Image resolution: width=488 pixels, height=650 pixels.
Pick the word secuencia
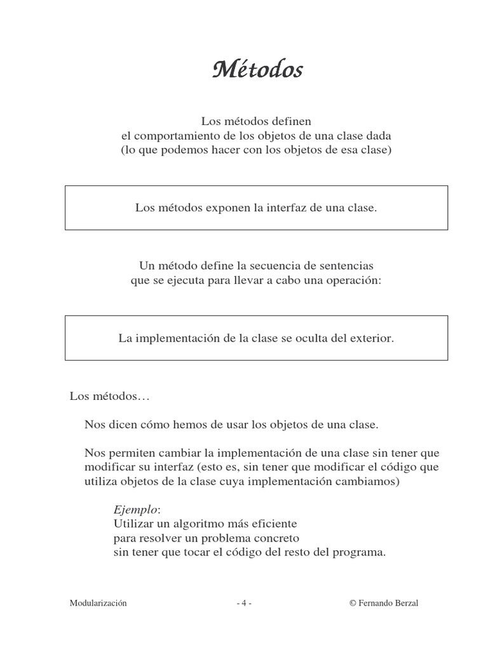click(271, 266)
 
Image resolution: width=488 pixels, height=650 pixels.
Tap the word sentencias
click(344, 266)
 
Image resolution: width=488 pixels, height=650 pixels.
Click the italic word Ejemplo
click(133, 510)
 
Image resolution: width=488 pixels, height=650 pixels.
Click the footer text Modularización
click(98, 604)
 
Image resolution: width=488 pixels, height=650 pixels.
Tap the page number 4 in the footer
click(243, 604)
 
